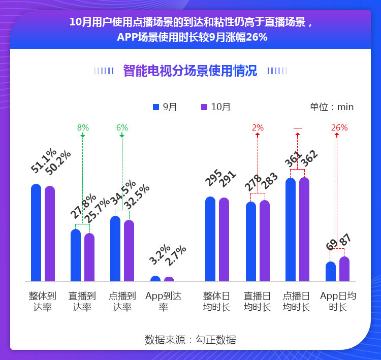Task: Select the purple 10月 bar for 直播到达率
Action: pos(89,257)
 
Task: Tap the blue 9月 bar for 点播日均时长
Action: pos(291,230)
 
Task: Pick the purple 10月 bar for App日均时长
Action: pos(344,269)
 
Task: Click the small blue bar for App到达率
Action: pos(155,279)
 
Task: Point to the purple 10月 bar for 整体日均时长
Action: pos(224,239)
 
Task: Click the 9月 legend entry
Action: pos(165,107)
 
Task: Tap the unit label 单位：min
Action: pos(331,107)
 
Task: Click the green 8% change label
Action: pos(83,128)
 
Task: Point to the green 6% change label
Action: pos(122,128)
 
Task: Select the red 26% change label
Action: pos(339,128)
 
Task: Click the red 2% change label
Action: pos(258,128)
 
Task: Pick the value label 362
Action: pos(309,161)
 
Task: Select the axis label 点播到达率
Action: pos(122,301)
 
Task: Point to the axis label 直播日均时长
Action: pos(257,301)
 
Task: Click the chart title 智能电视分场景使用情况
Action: pos(190,71)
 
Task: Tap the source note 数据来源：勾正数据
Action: pos(190,340)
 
